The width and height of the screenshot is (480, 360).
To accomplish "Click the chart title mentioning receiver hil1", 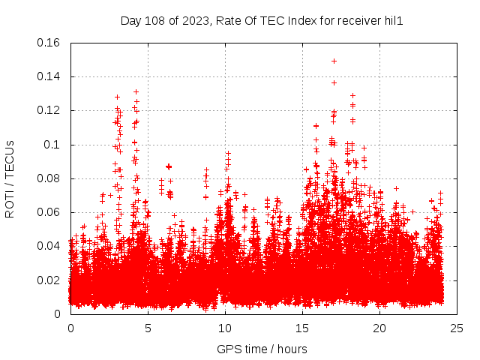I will pyautogui.click(x=262, y=20).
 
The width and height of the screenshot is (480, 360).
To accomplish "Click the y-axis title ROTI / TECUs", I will pyautogui.click(x=10, y=178).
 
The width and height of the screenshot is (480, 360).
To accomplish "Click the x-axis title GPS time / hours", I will pyautogui.click(x=262, y=349).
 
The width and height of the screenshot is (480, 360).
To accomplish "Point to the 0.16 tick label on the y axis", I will pyautogui.click(x=49, y=43).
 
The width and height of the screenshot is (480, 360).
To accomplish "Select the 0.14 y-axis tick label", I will pyautogui.click(x=49, y=76).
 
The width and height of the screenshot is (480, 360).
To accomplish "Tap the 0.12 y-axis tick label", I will pyautogui.click(x=49, y=110).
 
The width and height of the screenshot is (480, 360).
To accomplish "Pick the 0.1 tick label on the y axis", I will pyautogui.click(x=54, y=145).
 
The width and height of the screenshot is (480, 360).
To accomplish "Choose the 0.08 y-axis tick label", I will pyautogui.click(x=49, y=178).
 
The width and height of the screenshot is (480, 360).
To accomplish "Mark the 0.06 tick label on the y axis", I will pyautogui.click(x=49, y=212).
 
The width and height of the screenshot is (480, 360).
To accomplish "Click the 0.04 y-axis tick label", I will pyautogui.click(x=49, y=246).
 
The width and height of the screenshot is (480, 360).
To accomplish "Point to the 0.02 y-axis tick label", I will pyautogui.click(x=49, y=280).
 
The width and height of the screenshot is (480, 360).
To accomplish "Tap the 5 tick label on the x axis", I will pyautogui.click(x=148, y=328).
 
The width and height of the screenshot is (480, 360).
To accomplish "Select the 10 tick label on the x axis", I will pyautogui.click(x=225, y=328).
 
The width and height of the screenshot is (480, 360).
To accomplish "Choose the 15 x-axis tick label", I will pyautogui.click(x=302, y=328).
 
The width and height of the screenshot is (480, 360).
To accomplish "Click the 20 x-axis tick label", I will pyautogui.click(x=379, y=328).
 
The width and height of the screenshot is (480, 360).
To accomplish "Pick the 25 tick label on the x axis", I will pyautogui.click(x=457, y=328).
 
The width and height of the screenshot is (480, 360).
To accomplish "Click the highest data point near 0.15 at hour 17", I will pyautogui.click(x=334, y=61).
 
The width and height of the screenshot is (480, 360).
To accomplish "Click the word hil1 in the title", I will pyautogui.click(x=394, y=20).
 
